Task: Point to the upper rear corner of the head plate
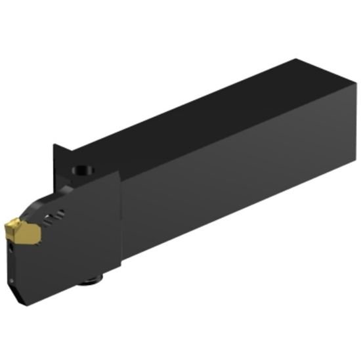click(118, 172)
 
